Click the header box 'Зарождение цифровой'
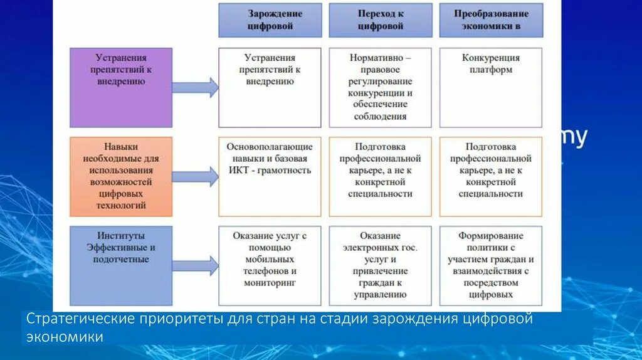tap(270, 20)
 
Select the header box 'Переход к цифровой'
tap(381, 20)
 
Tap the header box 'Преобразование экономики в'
tap(491, 20)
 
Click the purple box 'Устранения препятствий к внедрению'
tap(121, 88)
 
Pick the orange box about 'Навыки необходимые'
tap(121, 176)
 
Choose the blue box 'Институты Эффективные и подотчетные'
tap(121, 265)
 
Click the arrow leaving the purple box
tap(195, 88)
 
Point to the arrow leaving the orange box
tap(195, 176)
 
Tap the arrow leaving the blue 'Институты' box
tap(195, 265)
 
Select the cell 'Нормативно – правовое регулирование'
tap(381, 88)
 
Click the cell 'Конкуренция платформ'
tap(491, 88)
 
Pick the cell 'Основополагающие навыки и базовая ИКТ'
tap(270, 176)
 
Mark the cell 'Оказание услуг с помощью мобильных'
tap(270, 265)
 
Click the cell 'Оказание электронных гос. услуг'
tap(381, 265)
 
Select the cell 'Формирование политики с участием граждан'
tap(491, 265)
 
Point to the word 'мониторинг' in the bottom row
tap(270, 283)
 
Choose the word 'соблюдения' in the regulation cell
tap(381, 116)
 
